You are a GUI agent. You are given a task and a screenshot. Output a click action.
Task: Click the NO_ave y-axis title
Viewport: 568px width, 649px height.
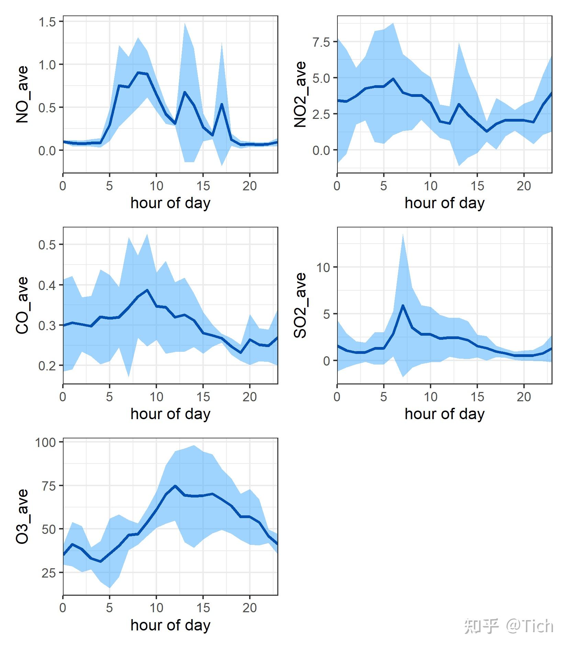coord(22,94)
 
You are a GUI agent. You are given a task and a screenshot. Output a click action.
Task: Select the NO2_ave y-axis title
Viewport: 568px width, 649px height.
coord(300,94)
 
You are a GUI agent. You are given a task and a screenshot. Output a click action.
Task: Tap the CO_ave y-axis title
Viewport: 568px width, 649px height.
coord(22,305)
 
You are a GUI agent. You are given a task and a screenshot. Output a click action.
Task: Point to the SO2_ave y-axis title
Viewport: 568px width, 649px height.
coord(300,305)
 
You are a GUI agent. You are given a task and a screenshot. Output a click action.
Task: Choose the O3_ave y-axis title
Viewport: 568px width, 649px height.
coord(22,516)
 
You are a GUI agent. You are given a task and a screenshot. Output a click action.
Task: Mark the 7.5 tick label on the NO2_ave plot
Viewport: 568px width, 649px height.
coord(321,42)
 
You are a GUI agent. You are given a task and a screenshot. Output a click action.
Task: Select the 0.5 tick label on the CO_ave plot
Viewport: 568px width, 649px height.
coord(47,245)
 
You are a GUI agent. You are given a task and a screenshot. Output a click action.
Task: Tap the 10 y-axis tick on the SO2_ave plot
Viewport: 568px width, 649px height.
coord(323,267)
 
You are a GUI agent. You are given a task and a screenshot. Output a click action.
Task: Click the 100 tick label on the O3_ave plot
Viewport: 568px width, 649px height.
coord(45,442)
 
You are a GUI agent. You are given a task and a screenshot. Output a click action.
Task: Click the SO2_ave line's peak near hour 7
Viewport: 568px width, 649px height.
coord(403,305)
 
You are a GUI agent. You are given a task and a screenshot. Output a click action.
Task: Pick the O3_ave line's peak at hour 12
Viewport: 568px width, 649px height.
coord(175,486)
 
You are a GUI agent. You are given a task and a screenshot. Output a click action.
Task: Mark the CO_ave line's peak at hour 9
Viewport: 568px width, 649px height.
coord(147,290)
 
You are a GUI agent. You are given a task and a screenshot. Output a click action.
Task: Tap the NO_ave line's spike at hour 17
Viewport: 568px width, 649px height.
coord(222,104)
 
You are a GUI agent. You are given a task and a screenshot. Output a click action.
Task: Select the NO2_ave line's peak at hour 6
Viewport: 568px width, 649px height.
coord(393,79)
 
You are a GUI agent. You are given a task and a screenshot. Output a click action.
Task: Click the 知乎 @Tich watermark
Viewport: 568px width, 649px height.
coord(509,626)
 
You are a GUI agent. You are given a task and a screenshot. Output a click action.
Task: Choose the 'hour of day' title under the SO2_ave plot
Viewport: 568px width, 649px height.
coord(444,414)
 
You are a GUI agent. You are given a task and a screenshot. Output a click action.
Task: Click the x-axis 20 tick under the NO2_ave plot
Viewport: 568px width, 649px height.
coord(524,186)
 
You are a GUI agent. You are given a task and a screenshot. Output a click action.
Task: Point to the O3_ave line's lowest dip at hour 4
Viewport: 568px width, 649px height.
coord(100,561)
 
